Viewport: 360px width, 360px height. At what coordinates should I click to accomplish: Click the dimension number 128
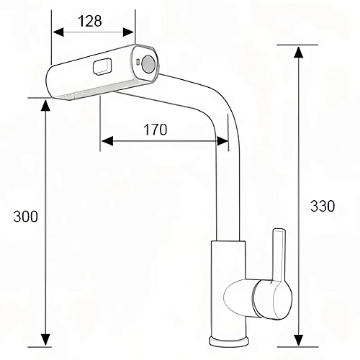90,21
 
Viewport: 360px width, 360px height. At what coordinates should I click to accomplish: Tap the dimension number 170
155,130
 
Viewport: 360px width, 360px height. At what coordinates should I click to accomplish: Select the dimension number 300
25,217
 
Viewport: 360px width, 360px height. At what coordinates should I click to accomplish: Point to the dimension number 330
323,206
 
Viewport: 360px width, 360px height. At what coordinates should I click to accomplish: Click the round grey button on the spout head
148,63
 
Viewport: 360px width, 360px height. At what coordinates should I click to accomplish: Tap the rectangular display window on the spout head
102,66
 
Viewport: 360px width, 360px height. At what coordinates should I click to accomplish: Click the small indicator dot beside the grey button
138,62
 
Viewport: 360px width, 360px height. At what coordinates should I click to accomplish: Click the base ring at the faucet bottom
229,341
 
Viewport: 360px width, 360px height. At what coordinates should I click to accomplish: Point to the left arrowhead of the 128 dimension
58,32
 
